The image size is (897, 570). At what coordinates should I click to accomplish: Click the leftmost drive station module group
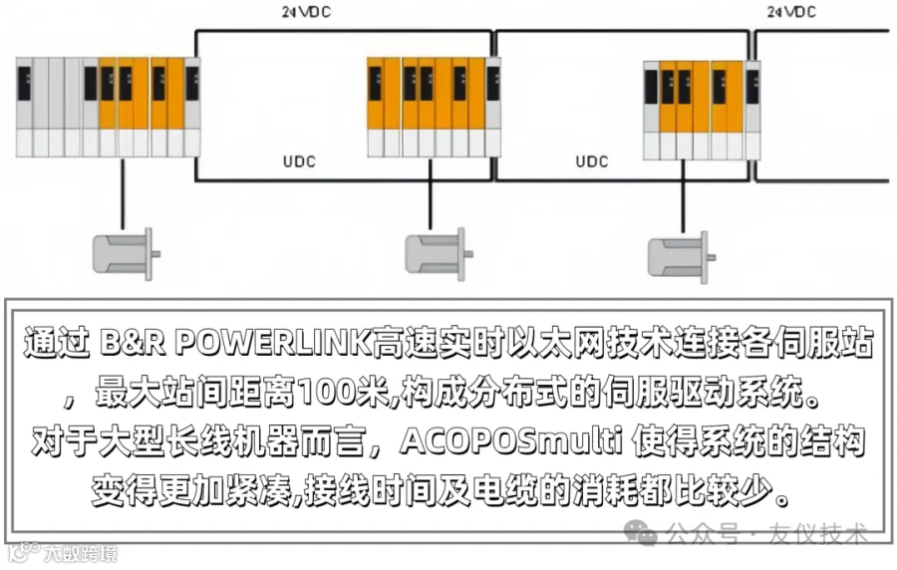click(x=108, y=107)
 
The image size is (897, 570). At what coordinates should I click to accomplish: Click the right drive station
click(x=701, y=109)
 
